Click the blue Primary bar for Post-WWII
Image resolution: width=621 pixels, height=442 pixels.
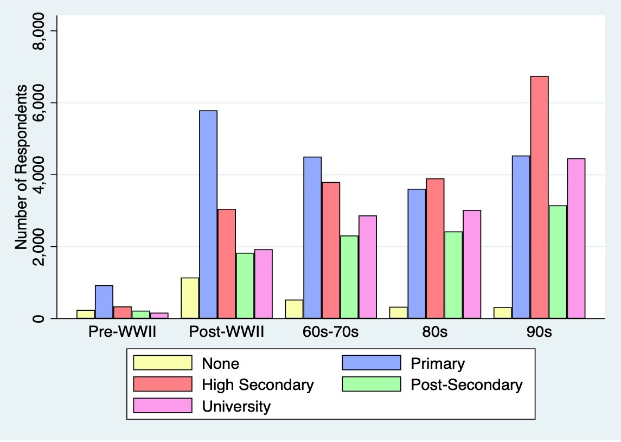[208, 214]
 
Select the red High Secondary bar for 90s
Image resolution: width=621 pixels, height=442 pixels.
[540, 197]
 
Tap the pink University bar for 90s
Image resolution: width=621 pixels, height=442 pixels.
[576, 239]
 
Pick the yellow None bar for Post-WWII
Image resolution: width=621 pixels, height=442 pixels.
[190, 298]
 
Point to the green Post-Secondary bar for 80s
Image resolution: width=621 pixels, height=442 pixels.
[453, 275]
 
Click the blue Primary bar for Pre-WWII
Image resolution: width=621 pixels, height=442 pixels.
[104, 302]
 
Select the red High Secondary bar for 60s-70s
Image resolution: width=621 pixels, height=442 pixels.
[331, 251]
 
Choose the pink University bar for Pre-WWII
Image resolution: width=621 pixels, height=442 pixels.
[159, 316]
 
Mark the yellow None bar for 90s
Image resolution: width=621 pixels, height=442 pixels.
[503, 313]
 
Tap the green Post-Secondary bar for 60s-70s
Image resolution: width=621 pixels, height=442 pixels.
[349, 277]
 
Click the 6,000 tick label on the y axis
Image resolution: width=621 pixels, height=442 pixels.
[39, 103]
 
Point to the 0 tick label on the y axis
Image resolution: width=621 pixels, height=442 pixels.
[39, 318]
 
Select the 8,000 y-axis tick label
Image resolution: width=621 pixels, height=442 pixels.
[39, 31]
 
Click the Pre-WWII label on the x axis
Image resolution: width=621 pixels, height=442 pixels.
[123, 331]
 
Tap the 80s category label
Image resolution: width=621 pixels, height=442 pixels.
[435, 331]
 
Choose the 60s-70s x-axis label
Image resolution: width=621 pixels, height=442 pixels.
[331, 331]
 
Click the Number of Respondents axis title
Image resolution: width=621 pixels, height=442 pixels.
[21, 166]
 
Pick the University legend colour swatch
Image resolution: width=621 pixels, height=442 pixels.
[163, 406]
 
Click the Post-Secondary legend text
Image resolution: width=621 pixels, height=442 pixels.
[466, 385]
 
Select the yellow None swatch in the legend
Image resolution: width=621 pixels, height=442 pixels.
[163, 363]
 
